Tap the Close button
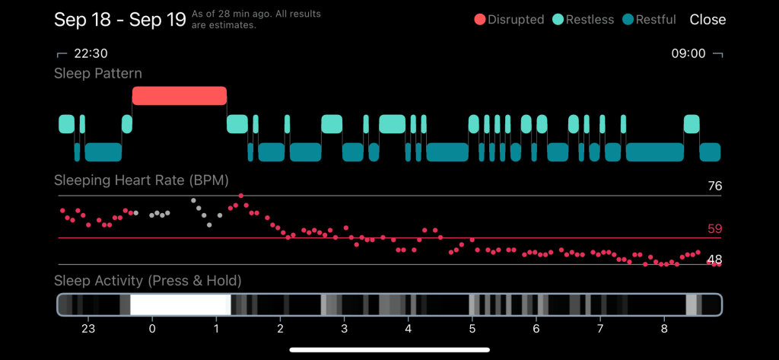[x=707, y=20]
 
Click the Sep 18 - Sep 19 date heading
[x=120, y=20]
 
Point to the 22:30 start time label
[x=90, y=54]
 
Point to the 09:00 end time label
[x=688, y=54]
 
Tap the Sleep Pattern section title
[x=98, y=74]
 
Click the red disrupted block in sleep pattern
[x=180, y=95]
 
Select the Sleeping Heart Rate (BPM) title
[x=141, y=180]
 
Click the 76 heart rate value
[x=714, y=186]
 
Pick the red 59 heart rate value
[x=714, y=229]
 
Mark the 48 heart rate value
[x=714, y=260]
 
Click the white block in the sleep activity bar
[x=180, y=304]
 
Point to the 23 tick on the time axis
[x=88, y=329]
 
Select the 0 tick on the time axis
[x=152, y=329]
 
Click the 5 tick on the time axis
[x=472, y=329]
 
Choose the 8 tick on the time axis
[x=664, y=329]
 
